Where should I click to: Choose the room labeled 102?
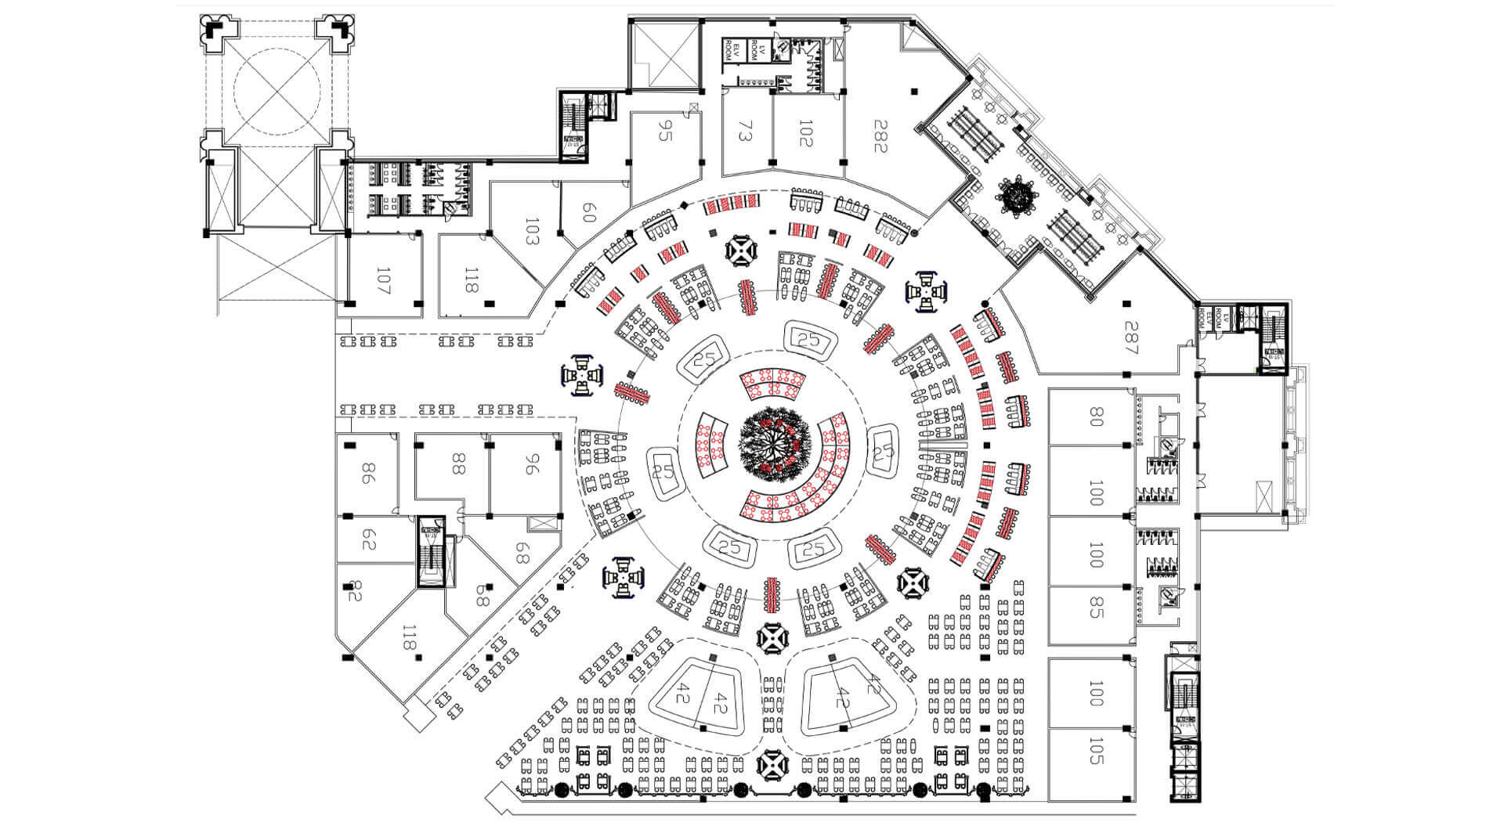[x=805, y=132]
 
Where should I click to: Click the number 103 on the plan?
[x=533, y=232]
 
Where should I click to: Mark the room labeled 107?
[x=383, y=280]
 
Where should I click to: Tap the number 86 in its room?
[x=366, y=474]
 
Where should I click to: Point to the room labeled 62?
[x=369, y=540]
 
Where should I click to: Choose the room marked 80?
[x=1096, y=417]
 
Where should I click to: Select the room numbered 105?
[x=1096, y=750]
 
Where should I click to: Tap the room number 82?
[x=355, y=593]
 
